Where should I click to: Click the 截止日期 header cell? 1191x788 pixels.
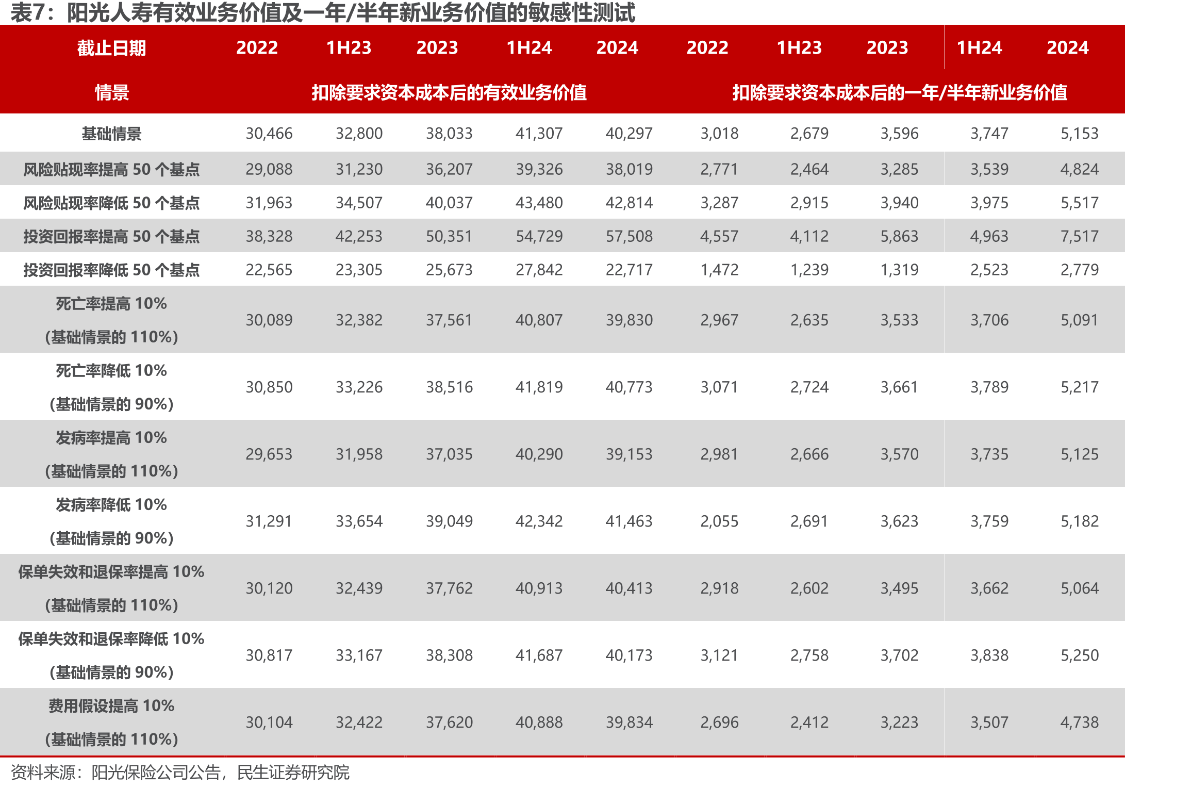(x=111, y=48)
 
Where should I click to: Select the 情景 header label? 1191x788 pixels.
(x=111, y=93)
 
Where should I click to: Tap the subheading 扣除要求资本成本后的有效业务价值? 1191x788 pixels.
(x=449, y=93)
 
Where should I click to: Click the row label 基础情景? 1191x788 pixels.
(x=111, y=134)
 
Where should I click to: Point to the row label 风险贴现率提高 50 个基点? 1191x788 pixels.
(x=111, y=169)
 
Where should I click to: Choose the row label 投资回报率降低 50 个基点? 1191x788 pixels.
(x=111, y=270)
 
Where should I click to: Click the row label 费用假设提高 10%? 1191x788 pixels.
(x=111, y=705)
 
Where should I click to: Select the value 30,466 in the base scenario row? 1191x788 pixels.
(x=269, y=134)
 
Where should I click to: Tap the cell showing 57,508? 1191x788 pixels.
(x=629, y=236)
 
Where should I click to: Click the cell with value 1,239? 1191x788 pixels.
(x=809, y=270)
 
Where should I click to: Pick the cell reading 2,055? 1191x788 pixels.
(x=719, y=521)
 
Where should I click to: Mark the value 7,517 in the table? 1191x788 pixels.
(x=1080, y=236)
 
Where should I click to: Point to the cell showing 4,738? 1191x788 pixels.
(x=1080, y=723)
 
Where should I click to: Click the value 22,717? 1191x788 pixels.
(x=629, y=270)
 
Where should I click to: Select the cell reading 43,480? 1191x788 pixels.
(x=539, y=203)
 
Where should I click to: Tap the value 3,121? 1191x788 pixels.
(x=719, y=655)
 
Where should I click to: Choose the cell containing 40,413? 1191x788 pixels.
(x=629, y=588)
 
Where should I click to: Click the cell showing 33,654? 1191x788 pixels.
(x=359, y=521)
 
